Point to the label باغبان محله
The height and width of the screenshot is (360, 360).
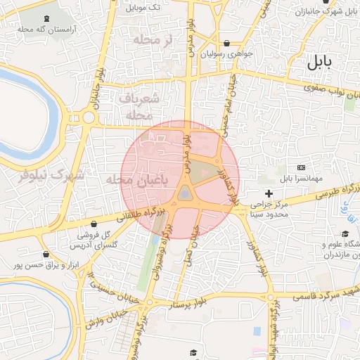[141, 181]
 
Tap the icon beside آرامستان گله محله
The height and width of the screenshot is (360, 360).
[46, 18]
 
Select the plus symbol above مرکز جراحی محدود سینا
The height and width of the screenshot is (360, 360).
[269, 193]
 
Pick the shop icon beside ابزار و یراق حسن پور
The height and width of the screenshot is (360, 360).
[46, 254]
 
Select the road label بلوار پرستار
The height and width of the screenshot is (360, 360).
[181, 304]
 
